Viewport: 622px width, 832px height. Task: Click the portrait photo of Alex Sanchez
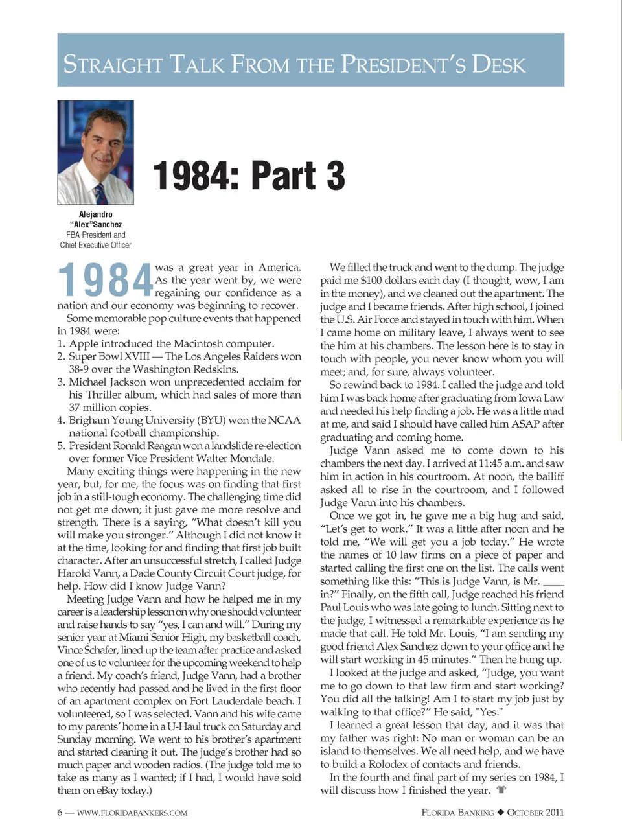[95, 152]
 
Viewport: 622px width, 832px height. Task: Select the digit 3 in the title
[335, 176]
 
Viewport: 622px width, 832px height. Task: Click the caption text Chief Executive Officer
[95, 245]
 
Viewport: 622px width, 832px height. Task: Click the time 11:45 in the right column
[476, 463]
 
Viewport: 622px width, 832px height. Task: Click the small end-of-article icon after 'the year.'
[501, 790]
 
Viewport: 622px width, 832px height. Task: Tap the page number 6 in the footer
[60, 813]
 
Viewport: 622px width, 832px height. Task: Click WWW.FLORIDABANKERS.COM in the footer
[132, 813]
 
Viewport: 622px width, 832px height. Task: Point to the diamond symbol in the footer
[500, 812]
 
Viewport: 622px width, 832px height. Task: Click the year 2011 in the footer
[554, 812]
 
